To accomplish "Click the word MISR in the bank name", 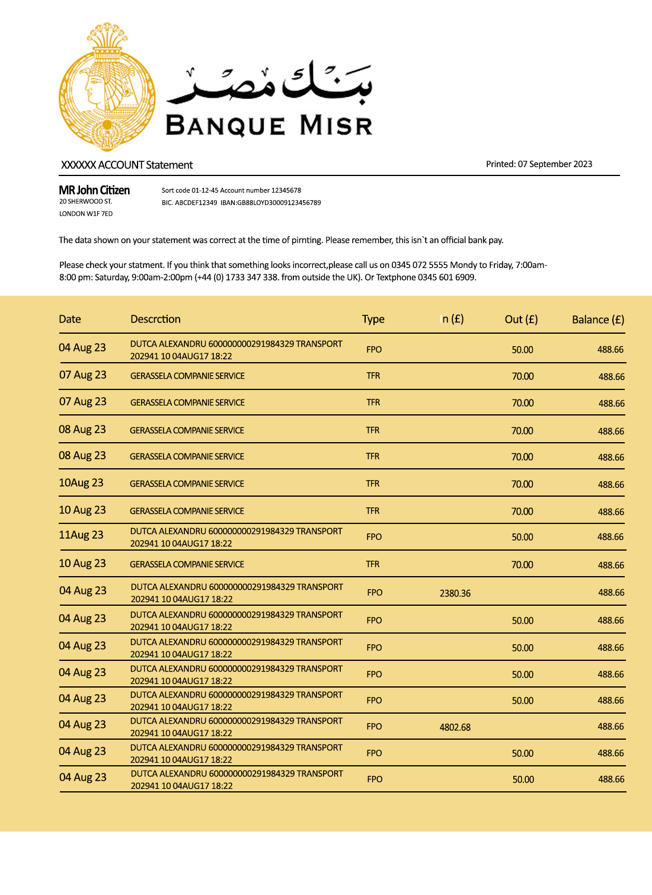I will tap(335, 126).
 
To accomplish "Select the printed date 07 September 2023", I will tap(555, 164).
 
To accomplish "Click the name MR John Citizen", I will tap(94, 190).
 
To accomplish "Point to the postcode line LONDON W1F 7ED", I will tap(86, 214).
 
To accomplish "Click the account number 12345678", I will tap(286, 190).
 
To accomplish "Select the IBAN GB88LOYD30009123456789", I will tap(279, 203).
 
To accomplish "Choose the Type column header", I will tap(373, 319).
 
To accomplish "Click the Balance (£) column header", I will tap(597, 320).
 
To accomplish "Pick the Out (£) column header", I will tap(521, 319).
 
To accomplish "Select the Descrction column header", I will tap(155, 319).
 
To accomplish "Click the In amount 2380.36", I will tap(455, 593).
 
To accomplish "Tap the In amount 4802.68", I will tap(455, 727).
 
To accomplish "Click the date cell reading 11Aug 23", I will tap(81, 535).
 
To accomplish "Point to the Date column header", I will tap(70, 319).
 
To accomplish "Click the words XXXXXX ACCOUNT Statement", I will tap(127, 165).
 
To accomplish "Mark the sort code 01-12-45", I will tap(204, 190).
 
